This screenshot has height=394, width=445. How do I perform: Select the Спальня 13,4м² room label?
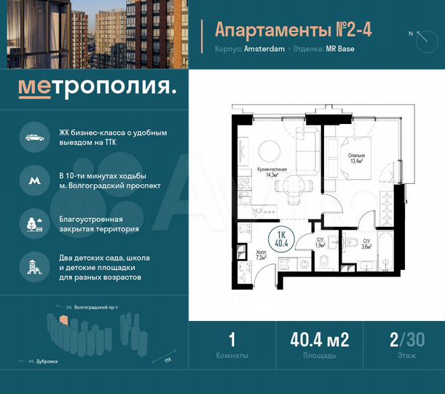(x=356, y=158)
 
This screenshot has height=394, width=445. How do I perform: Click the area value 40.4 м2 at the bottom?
(x=320, y=339)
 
